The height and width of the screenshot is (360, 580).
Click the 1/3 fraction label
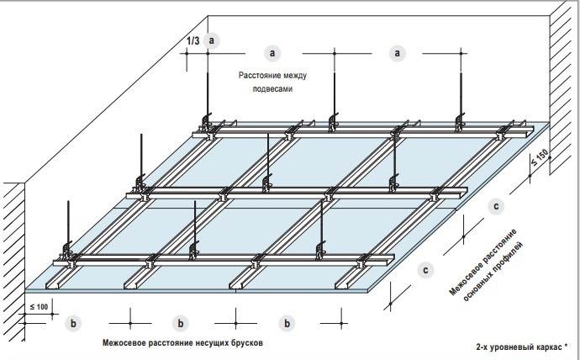click(x=194, y=40)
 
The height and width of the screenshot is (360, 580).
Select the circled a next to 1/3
click(x=213, y=40)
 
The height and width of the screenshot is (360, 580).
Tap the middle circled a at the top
click(x=272, y=53)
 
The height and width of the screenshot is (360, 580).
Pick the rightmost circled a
click(x=398, y=53)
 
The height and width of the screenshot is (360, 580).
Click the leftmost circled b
click(x=74, y=322)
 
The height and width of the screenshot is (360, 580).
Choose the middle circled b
click(x=179, y=322)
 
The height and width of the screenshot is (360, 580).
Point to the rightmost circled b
click(x=288, y=322)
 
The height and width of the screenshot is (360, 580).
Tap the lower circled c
click(x=427, y=270)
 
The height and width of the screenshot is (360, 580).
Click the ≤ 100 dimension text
click(x=38, y=307)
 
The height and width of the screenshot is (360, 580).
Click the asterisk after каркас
click(x=567, y=344)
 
